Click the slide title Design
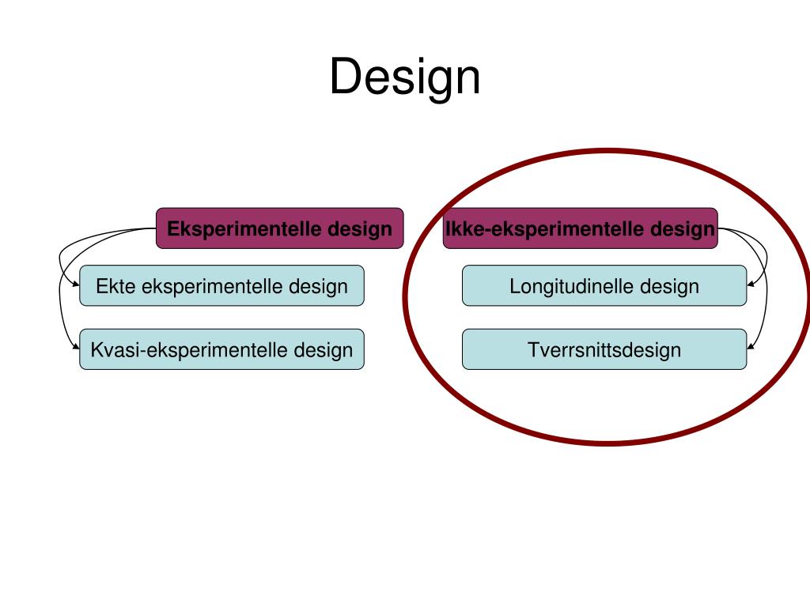pos(405,77)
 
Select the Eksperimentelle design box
pos(279,228)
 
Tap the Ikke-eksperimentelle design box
pos(580,228)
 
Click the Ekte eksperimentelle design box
pos(221,285)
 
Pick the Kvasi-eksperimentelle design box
pos(221,349)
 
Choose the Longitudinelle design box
pos(604,285)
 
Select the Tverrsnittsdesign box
pos(604,349)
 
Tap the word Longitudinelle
pos(572,286)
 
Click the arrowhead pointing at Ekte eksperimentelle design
pos(76,284)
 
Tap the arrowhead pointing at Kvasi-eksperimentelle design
pos(76,347)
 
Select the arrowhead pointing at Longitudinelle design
pos(751,284)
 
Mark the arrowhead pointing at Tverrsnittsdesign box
pos(751,347)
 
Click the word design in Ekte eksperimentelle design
pos(318,286)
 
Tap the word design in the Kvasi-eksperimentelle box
pos(324,350)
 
